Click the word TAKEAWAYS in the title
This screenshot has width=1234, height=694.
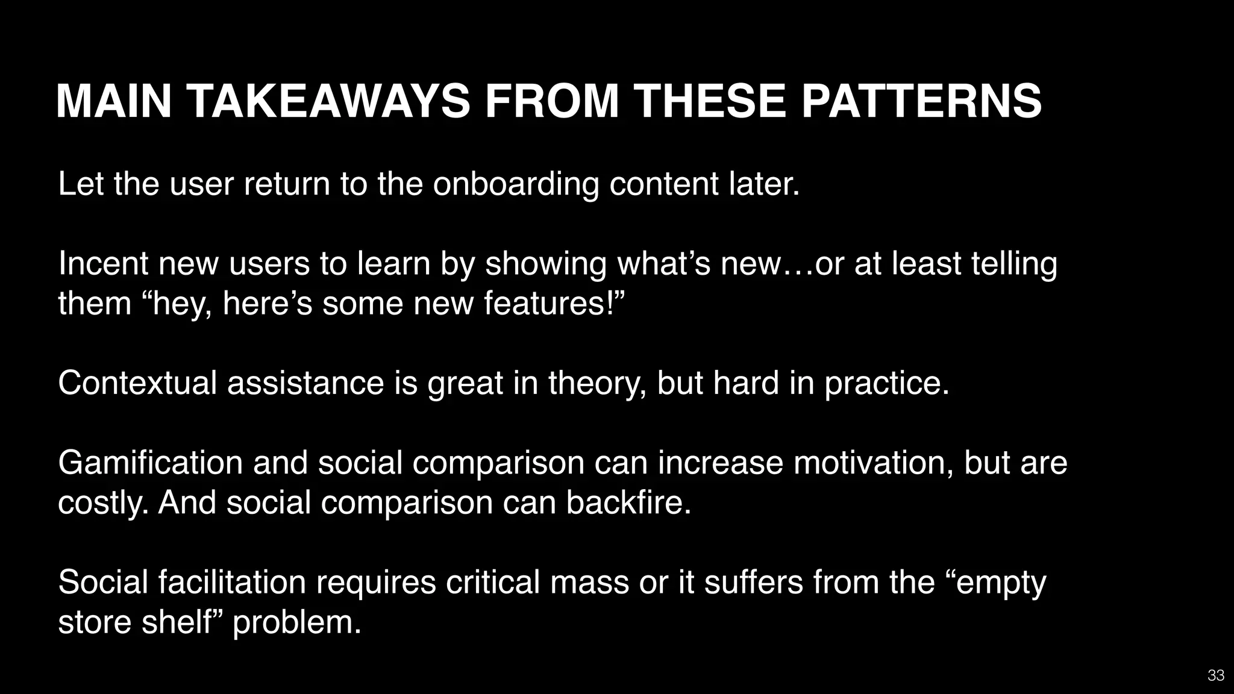click(328, 101)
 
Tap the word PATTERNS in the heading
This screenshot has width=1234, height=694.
click(921, 101)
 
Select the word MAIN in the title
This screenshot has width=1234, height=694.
click(114, 101)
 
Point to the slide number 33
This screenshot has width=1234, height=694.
click(1216, 675)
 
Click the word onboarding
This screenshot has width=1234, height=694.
click(516, 184)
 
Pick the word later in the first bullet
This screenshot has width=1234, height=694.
click(764, 184)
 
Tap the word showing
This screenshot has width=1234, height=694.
click(545, 263)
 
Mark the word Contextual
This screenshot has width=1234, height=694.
click(137, 383)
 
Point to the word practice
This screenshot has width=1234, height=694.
click(886, 383)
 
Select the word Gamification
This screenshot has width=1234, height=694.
click(150, 463)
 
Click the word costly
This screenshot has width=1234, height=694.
click(103, 502)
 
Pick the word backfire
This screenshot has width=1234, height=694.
click(628, 502)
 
